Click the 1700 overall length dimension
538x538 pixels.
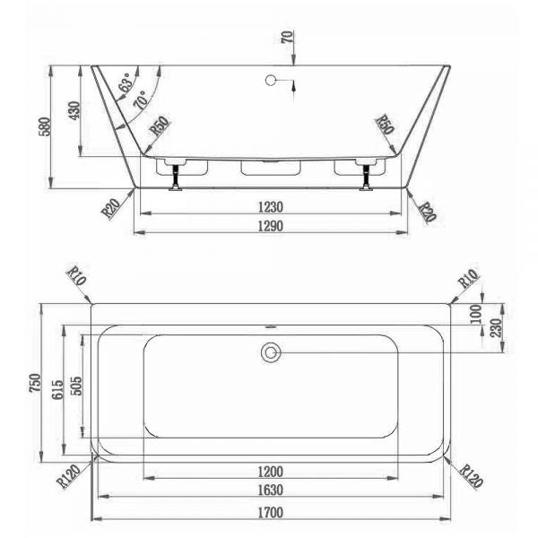(x=271, y=512)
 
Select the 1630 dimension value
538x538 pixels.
(x=271, y=490)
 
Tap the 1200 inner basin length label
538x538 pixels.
(x=271, y=472)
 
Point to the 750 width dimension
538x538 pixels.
(x=35, y=383)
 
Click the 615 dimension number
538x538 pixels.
(x=57, y=389)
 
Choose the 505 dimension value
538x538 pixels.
(x=76, y=386)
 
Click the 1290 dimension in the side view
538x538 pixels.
(x=271, y=226)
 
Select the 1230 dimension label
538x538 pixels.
(x=271, y=207)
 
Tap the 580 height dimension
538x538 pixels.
(x=45, y=126)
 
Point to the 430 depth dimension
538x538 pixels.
(x=74, y=110)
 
